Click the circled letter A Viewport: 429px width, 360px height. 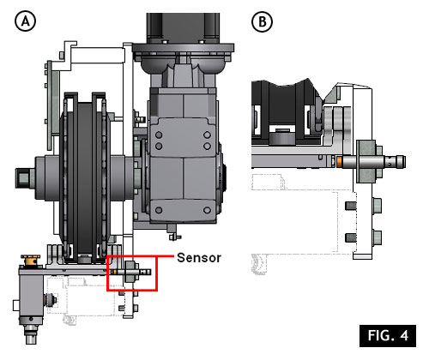25,21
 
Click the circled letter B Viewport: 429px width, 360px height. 262,22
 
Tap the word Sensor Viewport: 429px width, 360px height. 199,258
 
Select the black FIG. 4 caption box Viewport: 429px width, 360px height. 388,336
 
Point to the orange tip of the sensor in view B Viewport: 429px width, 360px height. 339,161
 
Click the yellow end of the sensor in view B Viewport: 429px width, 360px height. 404,162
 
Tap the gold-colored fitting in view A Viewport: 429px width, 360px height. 31,260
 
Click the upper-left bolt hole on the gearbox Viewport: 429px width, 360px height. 159,135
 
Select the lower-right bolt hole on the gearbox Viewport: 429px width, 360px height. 207,210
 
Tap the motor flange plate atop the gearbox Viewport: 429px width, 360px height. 183,48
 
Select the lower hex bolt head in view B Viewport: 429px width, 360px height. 378,237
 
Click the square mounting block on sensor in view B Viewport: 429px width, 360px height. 366,161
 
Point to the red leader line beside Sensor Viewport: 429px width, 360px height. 165,256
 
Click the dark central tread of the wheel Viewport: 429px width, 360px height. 84,177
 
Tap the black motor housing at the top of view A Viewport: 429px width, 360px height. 183,28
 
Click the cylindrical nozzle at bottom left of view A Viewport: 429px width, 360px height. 31,334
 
